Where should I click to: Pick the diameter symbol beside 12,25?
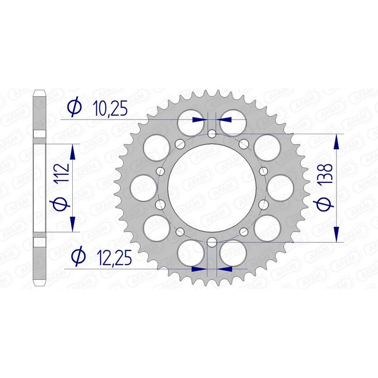click(77, 258)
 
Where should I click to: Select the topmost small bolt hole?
click(212, 134)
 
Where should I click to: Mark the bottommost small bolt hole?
click(212, 242)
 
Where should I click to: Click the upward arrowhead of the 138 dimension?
click(336, 142)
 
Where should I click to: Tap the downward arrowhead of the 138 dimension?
click(336, 234)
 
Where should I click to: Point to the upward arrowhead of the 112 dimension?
click(73, 152)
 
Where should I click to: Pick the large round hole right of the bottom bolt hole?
click(233, 252)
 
